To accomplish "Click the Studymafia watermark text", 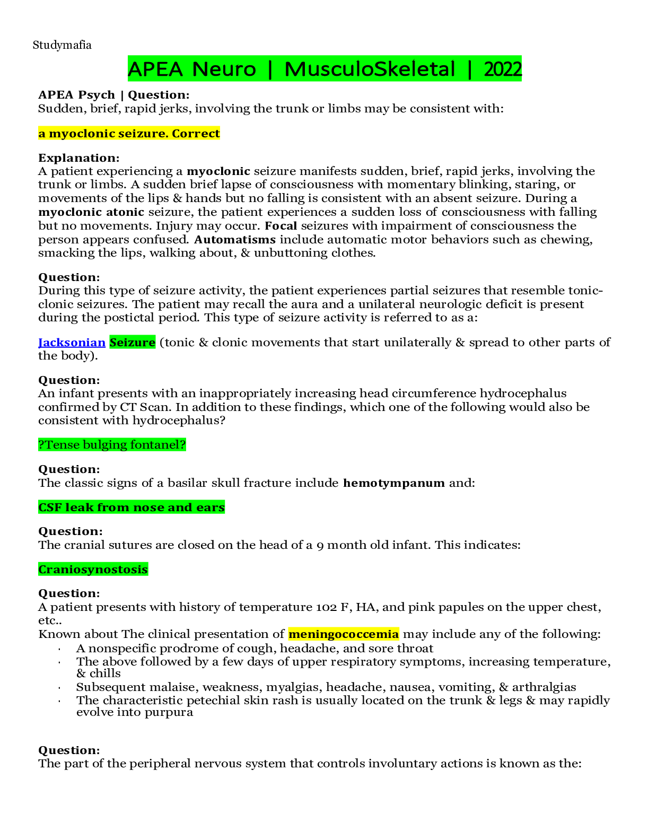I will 62,45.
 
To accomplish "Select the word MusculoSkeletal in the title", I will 370,69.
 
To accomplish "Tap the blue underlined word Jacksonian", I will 72,343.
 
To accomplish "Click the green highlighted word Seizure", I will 132,343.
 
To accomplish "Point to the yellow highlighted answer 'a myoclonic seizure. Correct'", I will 129,134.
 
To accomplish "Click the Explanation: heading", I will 78,158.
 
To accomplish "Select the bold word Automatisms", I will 235,240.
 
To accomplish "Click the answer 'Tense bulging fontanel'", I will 112,445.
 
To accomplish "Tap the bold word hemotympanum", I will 393,483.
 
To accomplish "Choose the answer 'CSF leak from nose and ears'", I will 131,507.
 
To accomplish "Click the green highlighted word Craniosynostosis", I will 93,570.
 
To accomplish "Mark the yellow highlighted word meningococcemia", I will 343,634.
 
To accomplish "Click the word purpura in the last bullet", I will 172,712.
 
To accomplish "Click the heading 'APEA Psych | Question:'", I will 113,95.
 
